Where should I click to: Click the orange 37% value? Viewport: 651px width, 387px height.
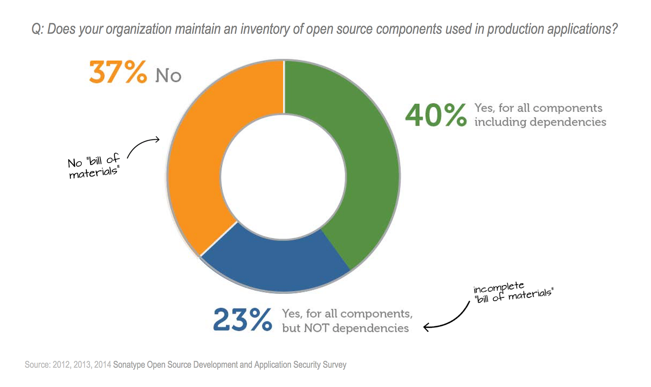pyautogui.click(x=118, y=73)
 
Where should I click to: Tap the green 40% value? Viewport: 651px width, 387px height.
pyautogui.click(x=435, y=115)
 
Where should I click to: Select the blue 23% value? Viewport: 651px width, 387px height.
pyautogui.click(x=242, y=320)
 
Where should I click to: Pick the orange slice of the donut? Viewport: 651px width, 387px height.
pyautogui.click(x=199, y=163)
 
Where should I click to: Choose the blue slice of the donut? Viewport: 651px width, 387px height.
pyautogui.click(x=277, y=265)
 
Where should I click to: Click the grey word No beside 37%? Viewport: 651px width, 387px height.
pyautogui.click(x=168, y=76)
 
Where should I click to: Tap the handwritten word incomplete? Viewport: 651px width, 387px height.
pyautogui.click(x=498, y=287)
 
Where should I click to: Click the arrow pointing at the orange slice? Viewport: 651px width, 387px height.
pyautogui.click(x=143, y=145)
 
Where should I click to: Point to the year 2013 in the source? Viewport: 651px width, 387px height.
pyautogui.click(x=82, y=365)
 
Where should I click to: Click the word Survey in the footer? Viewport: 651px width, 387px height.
pyautogui.click(x=334, y=365)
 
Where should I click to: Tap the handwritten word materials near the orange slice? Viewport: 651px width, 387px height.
pyautogui.click(x=93, y=173)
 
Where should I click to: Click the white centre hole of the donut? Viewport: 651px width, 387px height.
pyautogui.click(x=283, y=176)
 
